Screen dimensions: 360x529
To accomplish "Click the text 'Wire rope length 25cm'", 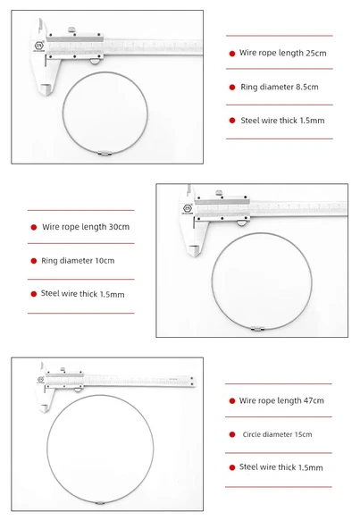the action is [x=283, y=53].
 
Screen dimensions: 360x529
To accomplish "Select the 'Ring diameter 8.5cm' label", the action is [x=280, y=87].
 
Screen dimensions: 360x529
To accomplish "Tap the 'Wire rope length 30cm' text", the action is [x=86, y=227].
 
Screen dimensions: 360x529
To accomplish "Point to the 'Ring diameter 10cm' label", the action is [x=78, y=260].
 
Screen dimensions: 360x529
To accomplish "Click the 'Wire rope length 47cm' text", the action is [x=281, y=400].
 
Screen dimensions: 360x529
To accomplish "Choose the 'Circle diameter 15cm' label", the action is [x=277, y=434].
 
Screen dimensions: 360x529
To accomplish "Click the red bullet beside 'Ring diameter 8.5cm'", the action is [x=232, y=88].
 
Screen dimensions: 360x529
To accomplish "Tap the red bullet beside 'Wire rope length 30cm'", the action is [x=34, y=227].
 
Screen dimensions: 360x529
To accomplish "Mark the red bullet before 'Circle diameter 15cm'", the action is [x=232, y=434].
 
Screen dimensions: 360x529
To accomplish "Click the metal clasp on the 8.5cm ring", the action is [x=105, y=153].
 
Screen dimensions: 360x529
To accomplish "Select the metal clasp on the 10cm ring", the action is [x=257, y=329].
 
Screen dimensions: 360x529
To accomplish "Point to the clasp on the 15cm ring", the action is [x=100, y=503].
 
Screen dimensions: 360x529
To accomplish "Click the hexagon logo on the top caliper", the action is [x=39, y=46].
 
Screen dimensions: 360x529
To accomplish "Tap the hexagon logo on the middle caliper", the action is [x=187, y=208].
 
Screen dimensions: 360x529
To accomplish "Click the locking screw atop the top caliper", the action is [x=71, y=29].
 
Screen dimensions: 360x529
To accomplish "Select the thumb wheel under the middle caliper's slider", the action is [x=241, y=223].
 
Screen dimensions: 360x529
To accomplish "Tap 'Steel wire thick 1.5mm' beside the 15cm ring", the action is [x=281, y=467].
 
